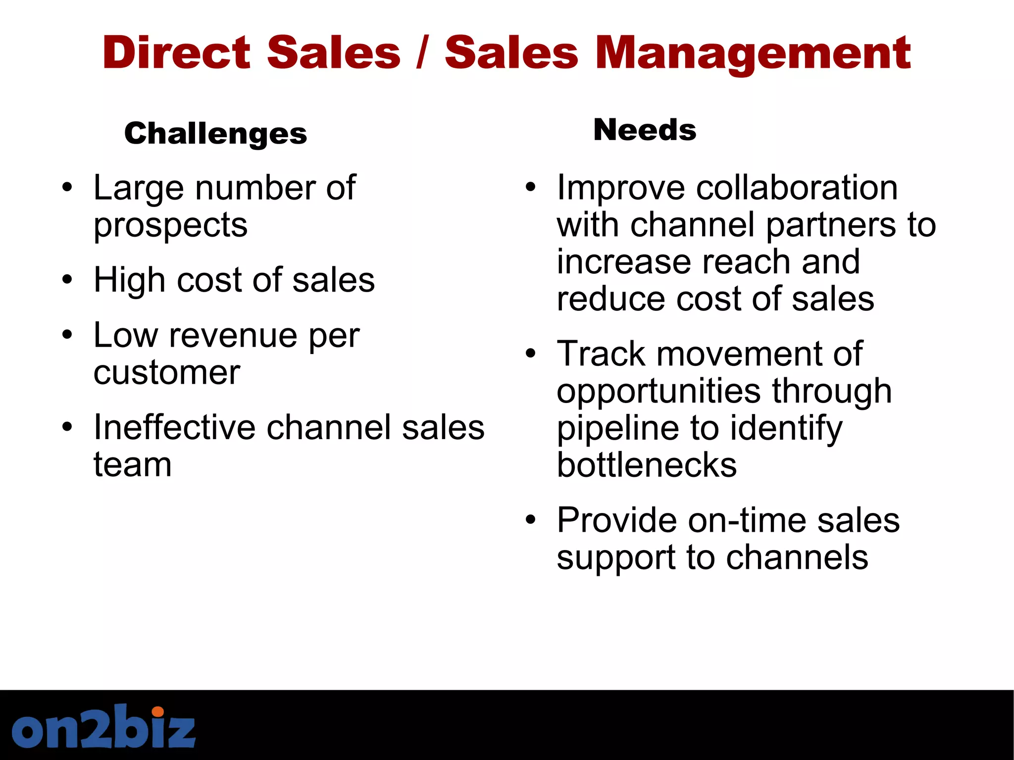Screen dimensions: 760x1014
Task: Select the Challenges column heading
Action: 215,134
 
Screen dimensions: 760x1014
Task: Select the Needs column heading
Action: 645,130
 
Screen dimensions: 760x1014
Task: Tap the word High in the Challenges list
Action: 130,280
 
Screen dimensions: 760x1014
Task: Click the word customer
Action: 167,372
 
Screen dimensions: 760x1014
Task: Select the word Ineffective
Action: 174,427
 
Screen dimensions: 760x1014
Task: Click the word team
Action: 133,465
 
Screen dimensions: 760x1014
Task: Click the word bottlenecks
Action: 647,465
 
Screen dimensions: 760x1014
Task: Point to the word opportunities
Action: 658,391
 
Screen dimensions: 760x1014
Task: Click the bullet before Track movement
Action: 531,354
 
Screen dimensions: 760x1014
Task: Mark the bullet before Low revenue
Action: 67,335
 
